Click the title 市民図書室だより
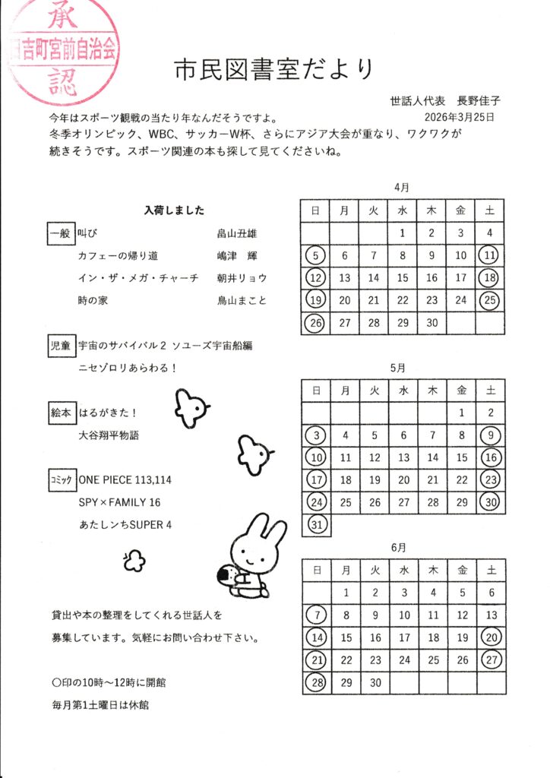pos(274,69)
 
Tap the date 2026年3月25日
pos(460,117)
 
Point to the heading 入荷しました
pos(174,210)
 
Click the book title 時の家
pos(93,300)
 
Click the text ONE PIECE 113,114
pos(125,480)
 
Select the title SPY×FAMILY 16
pos(119,502)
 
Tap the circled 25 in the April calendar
pos(490,300)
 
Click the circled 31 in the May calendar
pos(316,523)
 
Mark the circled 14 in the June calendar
pos(317,638)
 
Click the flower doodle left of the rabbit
pos(134,561)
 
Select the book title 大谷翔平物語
pos(109,436)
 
